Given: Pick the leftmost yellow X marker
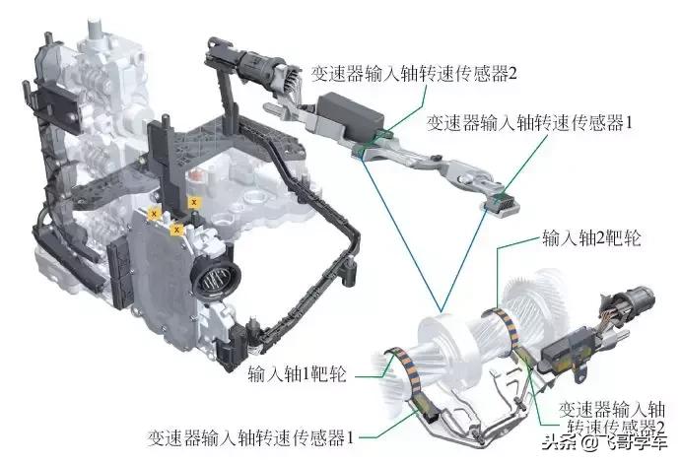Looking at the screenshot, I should [x=153, y=212].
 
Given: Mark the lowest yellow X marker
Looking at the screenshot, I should [x=175, y=229].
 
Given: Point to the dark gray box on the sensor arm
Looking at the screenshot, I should [x=347, y=109].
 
